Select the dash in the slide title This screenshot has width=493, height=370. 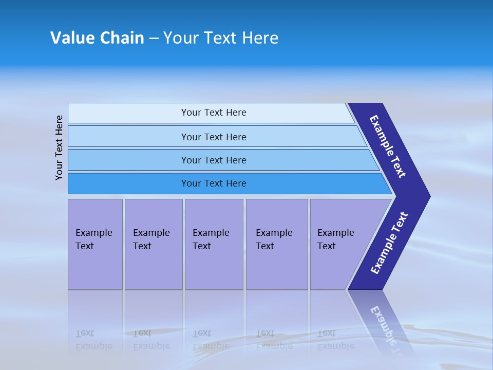154,39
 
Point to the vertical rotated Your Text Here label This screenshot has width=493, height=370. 59,147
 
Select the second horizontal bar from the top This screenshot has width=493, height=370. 213,137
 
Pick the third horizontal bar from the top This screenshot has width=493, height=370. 213,160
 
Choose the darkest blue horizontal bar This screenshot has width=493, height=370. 213,183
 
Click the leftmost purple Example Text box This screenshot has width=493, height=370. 95,244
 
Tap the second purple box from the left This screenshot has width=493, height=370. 153,244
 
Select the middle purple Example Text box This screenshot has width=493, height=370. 214,244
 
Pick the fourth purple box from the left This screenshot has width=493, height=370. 277,244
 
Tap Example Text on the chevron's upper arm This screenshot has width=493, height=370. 388,146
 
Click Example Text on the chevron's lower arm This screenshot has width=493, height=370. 389,243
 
